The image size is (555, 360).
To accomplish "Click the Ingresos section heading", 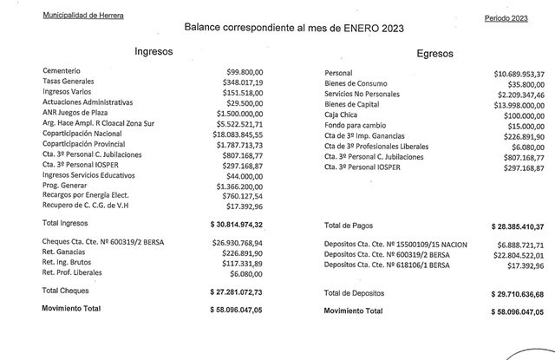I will click(x=153, y=52).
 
